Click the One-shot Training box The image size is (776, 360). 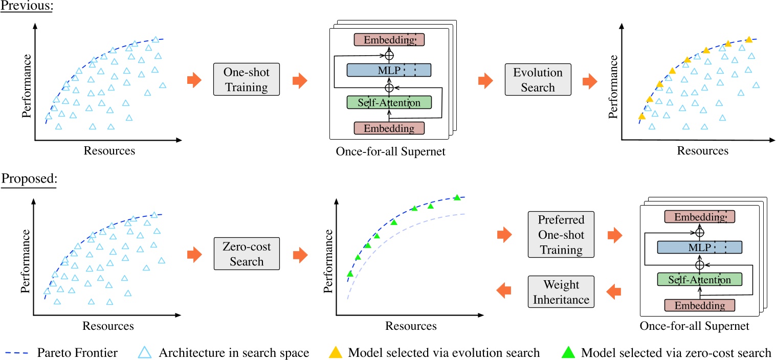[247, 79]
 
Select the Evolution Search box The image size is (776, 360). [538, 79]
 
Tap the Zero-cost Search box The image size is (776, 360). [247, 254]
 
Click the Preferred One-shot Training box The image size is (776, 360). [562, 235]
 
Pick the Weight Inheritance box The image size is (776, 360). [562, 291]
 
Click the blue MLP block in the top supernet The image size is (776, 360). [389, 70]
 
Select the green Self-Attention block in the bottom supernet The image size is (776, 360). [700, 280]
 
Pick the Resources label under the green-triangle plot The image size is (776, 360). [411, 326]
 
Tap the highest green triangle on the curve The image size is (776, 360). [457, 197]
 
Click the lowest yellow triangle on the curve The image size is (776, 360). [641, 117]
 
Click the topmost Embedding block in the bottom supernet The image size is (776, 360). [700, 217]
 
